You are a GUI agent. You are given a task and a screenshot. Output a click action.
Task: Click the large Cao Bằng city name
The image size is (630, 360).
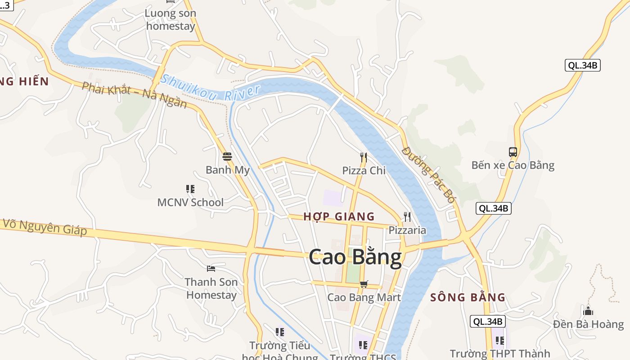[355, 257]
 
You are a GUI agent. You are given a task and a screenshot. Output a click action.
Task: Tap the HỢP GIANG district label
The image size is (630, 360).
[339, 216]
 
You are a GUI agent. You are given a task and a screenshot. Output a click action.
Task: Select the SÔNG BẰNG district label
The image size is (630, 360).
[468, 297]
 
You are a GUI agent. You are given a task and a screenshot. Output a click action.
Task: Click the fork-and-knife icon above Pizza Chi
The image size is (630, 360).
[364, 157]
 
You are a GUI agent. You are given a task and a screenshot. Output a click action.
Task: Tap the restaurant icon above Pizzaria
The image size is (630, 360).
[407, 217]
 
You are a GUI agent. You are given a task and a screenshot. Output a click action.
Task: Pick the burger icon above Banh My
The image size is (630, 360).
[227, 157]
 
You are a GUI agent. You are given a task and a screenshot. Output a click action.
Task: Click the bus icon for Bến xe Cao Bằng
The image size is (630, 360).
[513, 152]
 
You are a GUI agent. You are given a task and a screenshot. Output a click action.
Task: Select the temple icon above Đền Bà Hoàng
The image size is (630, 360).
[588, 311]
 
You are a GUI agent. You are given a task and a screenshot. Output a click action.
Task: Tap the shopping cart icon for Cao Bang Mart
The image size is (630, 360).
[364, 284]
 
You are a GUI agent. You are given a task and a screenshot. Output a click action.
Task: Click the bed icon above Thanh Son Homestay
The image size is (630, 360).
[211, 269]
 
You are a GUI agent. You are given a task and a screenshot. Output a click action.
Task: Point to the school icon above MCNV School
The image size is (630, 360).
[190, 189]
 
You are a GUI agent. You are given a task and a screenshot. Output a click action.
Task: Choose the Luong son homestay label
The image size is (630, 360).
[171, 20]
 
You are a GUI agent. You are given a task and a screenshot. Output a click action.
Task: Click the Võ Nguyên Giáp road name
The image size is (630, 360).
[45, 227]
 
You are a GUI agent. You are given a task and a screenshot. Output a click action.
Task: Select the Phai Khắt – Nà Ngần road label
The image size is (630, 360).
[134, 94]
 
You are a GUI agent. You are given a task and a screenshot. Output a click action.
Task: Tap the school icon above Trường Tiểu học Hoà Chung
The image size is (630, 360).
[280, 332]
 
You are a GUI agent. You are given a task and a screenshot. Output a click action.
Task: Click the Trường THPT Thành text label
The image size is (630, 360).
[499, 354]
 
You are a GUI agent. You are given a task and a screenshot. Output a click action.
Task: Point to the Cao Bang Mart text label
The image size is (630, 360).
[364, 297]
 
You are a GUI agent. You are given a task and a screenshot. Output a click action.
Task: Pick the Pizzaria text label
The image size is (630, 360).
[407, 230]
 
